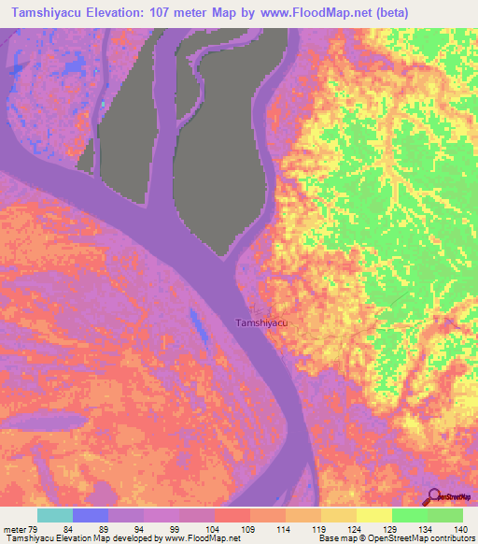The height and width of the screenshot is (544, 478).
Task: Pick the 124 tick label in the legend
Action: click(x=355, y=528)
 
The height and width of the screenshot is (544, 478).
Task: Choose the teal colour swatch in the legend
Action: click(x=55, y=515)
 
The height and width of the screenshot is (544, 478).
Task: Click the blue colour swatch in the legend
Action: click(x=91, y=515)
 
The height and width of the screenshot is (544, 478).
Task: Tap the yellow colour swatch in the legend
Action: click(x=373, y=515)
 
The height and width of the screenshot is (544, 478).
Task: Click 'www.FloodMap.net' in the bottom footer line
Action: click(x=190, y=538)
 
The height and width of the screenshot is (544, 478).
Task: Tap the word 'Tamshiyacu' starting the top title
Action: click(x=49, y=13)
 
